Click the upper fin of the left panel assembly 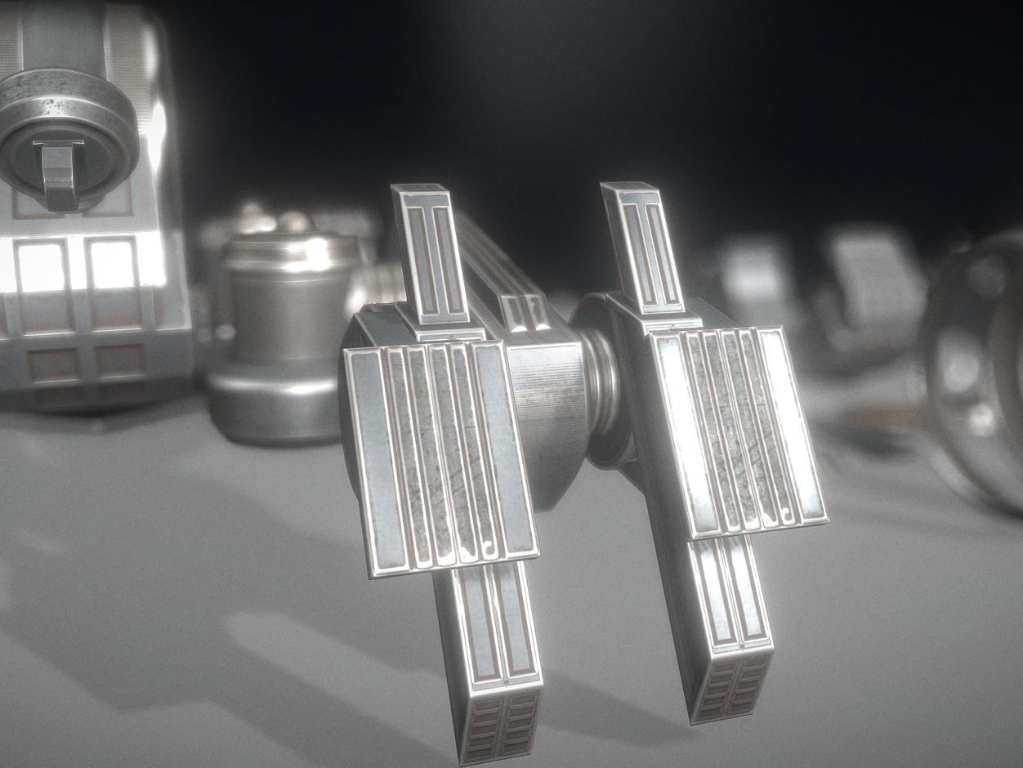coord(428,253)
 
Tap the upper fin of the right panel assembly coord(641,245)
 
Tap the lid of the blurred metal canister coord(290,249)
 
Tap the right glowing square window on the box coord(113,264)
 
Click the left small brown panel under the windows coord(53,364)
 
